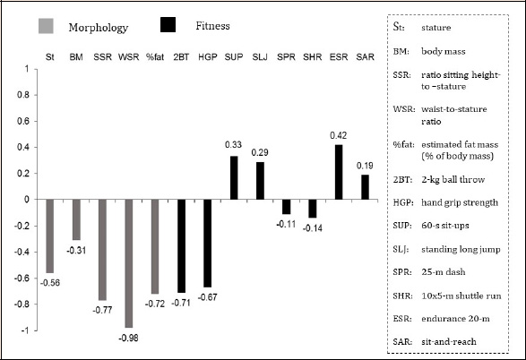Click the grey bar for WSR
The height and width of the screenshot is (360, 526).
pyautogui.click(x=129, y=263)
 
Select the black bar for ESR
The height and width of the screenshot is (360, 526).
pyautogui.click(x=339, y=172)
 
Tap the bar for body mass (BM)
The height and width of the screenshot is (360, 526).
pyautogui.click(x=76, y=219)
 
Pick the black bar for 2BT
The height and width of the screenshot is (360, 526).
pyautogui.click(x=181, y=246)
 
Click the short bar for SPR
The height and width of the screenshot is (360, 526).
pyautogui.click(x=286, y=207)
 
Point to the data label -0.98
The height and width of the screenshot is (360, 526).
pyautogui.click(x=128, y=338)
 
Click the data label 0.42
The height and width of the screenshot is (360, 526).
pyautogui.click(x=339, y=135)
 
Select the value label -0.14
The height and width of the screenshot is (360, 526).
pyautogui.click(x=313, y=228)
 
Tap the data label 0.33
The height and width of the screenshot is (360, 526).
pyautogui.click(x=234, y=145)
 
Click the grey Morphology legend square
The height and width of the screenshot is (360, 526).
pyautogui.click(x=46, y=26)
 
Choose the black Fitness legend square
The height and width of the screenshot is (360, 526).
pyautogui.click(x=168, y=25)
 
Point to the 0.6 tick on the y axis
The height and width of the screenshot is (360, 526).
pyautogui.click(x=23, y=121)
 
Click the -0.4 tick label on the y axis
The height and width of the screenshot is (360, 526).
pyautogui.click(x=22, y=252)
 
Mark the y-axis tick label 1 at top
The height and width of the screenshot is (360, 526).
pyautogui.click(x=27, y=69)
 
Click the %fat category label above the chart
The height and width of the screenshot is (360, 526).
pyautogui.click(x=155, y=57)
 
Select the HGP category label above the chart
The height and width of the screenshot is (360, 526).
pyautogui.click(x=208, y=57)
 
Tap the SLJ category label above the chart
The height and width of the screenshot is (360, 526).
pyautogui.click(x=260, y=57)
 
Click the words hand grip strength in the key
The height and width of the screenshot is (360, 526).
pyautogui.click(x=460, y=202)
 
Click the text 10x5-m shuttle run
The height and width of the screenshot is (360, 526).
pyautogui.click(x=461, y=296)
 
